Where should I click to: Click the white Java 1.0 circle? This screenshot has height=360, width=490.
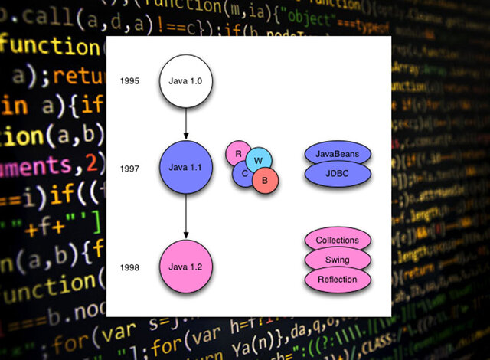coord(185,80)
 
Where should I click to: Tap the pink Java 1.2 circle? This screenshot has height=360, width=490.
coord(185,267)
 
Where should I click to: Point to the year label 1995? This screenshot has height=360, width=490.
coord(129,80)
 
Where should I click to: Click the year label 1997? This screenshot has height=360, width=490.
coord(129,169)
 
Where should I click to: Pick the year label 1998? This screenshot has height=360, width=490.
coord(129,267)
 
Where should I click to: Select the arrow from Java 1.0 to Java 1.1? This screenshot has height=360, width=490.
coord(185,122)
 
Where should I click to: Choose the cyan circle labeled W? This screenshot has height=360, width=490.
coord(259,160)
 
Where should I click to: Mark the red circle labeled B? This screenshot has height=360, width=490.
coord(266,181)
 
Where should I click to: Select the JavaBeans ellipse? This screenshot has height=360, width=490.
coord(338,153)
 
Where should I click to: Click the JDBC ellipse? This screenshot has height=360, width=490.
coord(338,174)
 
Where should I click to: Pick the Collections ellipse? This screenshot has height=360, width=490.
coord(338,240)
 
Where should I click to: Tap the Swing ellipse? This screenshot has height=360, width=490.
coord(338,260)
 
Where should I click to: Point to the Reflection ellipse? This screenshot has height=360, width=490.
coord(338,280)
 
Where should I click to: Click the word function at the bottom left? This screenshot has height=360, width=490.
coord(46,289)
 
